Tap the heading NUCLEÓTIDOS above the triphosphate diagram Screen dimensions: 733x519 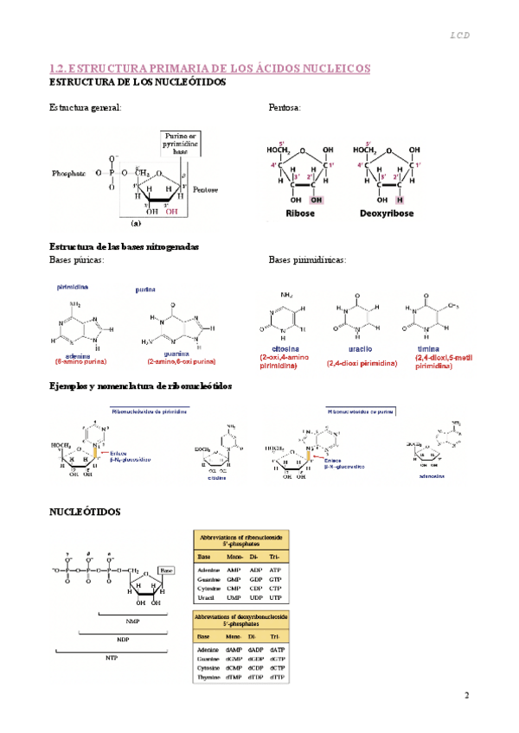pos(85,512)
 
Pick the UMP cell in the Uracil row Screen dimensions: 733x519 pos(234,598)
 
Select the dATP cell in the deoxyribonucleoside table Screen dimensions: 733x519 pos(278,649)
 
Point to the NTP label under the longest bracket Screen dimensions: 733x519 pos(111,658)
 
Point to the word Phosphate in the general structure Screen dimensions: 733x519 pos(69,173)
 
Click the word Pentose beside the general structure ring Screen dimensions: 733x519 pos(206,189)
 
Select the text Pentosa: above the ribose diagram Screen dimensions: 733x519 pos(285,108)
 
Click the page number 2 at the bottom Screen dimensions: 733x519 pos(466,696)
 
